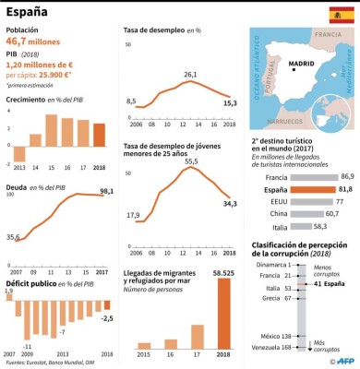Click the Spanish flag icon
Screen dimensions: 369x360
coord(340,15)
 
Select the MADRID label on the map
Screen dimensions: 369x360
coord(303,65)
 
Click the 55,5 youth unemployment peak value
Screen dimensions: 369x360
coord(191,161)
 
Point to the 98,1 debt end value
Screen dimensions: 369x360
coord(107,191)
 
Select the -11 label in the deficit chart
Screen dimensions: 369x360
coord(29,347)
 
